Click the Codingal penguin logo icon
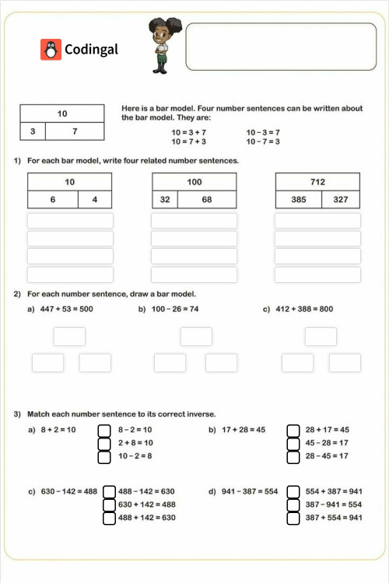(51, 49)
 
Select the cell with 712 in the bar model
(317, 182)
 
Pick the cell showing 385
(299, 200)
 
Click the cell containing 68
(207, 200)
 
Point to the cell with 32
(165, 200)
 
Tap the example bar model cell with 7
(75, 131)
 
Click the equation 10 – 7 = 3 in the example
(263, 141)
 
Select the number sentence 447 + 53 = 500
(66, 309)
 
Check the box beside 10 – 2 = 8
(105, 456)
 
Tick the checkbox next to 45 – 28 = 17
(293, 442)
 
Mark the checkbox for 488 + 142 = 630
(110, 517)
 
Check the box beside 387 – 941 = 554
(293, 504)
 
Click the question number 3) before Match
(17, 414)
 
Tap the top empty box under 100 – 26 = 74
(196, 337)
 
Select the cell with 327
(341, 200)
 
